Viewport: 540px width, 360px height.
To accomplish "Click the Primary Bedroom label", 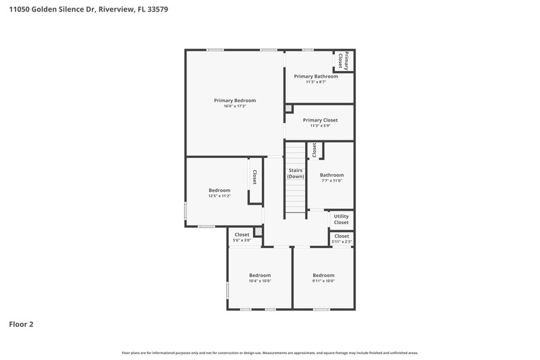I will coord(235,100).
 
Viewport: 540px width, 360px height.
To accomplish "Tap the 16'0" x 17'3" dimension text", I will coord(235,106).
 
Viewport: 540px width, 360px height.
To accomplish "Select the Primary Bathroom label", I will coord(316,76).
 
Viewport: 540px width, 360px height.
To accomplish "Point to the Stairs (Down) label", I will coord(295,174).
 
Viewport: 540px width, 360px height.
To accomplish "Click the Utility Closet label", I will coord(341,220).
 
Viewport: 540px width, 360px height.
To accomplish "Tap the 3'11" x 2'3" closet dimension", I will coord(342,242).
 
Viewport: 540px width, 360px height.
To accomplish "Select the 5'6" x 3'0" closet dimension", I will coord(242,240).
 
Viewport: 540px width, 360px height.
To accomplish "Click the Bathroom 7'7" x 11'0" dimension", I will coord(331,180).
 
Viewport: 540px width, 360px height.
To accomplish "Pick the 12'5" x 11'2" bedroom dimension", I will coord(219,196).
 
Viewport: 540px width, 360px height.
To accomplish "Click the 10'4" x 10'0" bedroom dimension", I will coord(260,281).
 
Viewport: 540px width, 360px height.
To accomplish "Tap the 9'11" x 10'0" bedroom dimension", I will coord(323,281).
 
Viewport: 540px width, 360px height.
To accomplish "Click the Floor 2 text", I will coord(21,324).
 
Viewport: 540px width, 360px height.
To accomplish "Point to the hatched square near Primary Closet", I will coord(288,108).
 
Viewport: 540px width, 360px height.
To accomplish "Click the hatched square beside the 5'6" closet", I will coord(257,231).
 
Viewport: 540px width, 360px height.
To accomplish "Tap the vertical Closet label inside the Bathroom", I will coord(314,150).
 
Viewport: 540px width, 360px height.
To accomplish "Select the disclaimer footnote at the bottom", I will coord(270,353).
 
